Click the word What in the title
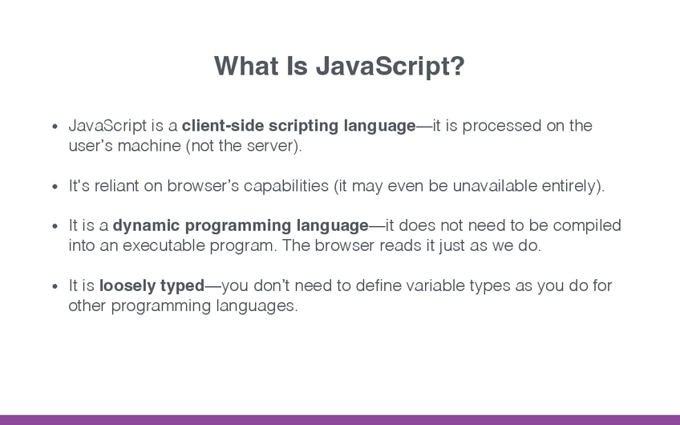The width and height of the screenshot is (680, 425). click(246, 66)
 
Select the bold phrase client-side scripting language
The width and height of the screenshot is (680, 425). click(299, 126)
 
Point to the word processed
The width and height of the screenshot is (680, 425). click(502, 126)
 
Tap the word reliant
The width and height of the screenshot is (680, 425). click(116, 185)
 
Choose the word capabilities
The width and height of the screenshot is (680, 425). click(286, 186)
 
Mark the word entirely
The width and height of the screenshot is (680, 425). click(569, 186)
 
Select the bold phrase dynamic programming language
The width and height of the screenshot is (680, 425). click(241, 226)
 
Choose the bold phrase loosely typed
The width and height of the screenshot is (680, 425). click(152, 286)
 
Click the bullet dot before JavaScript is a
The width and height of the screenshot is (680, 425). click(55, 127)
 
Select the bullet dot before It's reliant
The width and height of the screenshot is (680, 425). click(55, 187)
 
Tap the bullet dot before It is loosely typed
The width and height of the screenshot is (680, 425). click(55, 286)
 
